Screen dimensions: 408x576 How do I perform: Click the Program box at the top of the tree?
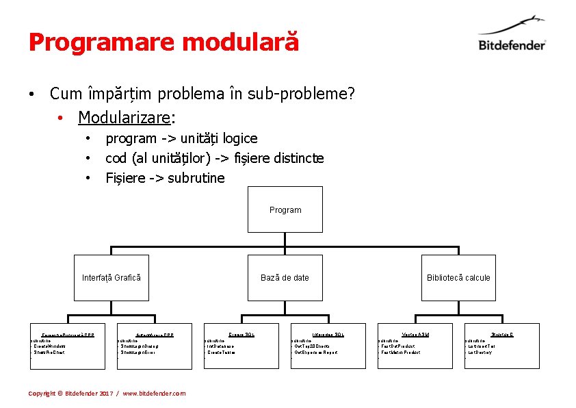pos(285,210)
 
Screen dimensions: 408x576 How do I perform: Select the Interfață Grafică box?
pos(111,277)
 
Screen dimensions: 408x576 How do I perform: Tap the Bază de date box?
pos(285,277)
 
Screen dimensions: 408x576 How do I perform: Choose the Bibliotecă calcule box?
pos(458,277)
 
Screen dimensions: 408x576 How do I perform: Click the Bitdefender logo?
pos(512,37)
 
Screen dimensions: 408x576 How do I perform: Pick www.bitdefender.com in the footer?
pos(154,394)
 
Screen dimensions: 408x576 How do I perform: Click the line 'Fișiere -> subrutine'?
pos(165,178)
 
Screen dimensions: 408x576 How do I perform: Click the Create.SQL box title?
pos(241,334)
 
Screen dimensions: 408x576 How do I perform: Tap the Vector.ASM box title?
pos(415,334)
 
